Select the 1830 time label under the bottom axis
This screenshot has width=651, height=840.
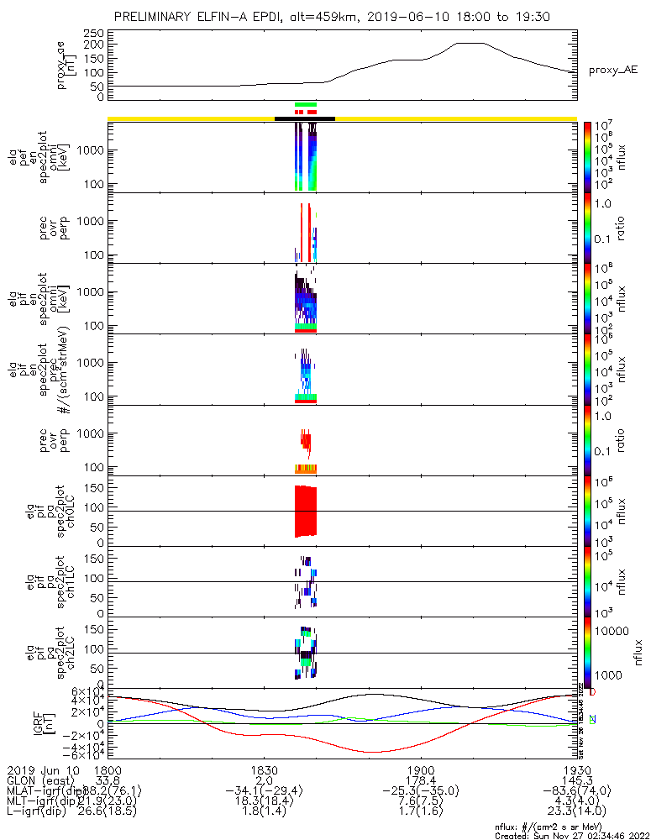pos(264,770)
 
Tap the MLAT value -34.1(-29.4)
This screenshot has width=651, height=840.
pos(264,790)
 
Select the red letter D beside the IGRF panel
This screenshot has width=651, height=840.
pos(592,692)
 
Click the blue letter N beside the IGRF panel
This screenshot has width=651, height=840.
pos(592,720)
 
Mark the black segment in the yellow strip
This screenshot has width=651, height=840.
pos(305,118)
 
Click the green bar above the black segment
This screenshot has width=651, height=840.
pos(306,104)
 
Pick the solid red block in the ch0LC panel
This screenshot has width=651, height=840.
pos(306,511)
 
